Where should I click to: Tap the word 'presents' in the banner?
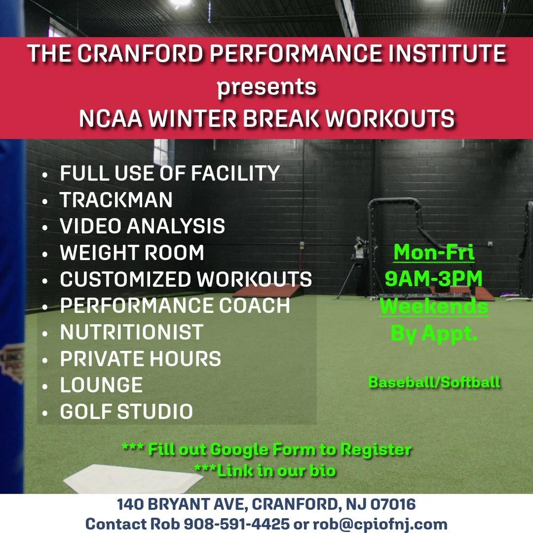[266, 87]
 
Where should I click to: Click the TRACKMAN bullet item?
[116, 200]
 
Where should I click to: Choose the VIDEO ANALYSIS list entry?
[142, 227]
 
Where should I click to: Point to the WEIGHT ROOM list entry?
[132, 253]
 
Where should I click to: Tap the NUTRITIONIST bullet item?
[131, 332]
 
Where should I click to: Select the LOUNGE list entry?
[101, 385]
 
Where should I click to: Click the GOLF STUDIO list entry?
[126, 412]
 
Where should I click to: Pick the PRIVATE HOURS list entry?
[140, 359]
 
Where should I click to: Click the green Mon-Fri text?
[434, 253]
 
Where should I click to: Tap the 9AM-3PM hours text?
[434, 279]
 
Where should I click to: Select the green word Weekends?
[434, 306]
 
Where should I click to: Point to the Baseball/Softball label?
[434, 382]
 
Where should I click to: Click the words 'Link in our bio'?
[276, 470]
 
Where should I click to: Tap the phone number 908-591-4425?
[236, 524]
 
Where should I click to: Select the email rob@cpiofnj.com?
[380, 524]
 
